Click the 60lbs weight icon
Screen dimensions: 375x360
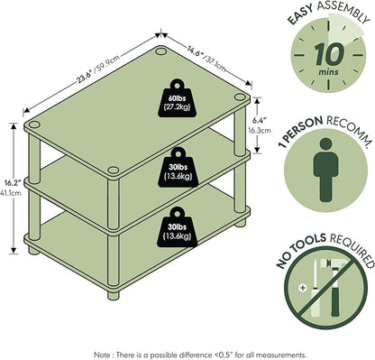[177, 98]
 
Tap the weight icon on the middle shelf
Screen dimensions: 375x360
[178, 168]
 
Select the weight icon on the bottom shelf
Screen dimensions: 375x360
[178, 227]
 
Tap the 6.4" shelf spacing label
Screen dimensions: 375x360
[261, 125]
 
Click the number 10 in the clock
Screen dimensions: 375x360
[329, 54]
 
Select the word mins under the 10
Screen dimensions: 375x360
[328, 72]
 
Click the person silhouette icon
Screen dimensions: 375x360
[326, 170]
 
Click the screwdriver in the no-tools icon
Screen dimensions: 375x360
[315, 290]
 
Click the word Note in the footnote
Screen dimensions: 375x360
[102, 355]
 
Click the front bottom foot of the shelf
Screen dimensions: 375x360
[114, 295]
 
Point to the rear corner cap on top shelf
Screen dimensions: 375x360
[160, 51]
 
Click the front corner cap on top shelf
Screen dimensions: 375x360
[114, 171]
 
